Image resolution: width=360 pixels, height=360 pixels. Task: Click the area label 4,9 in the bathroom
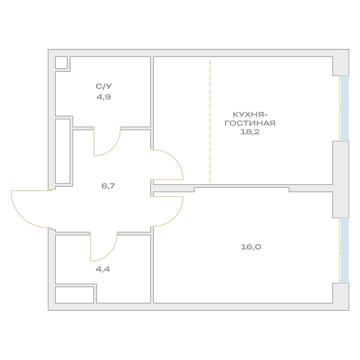(x=104, y=97)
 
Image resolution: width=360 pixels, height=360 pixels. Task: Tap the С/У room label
(x=104, y=86)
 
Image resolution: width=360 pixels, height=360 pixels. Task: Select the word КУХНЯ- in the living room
(x=250, y=114)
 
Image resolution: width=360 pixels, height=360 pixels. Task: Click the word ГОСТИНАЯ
(x=250, y=123)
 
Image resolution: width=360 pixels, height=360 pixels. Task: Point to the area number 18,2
(x=250, y=132)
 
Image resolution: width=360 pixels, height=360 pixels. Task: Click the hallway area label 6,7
(x=108, y=186)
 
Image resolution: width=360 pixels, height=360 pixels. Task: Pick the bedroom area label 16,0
(x=251, y=247)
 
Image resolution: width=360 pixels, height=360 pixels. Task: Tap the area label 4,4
(x=103, y=269)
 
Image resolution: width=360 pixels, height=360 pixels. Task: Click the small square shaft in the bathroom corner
(x=61, y=62)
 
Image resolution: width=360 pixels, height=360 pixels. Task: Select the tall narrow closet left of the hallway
(x=63, y=151)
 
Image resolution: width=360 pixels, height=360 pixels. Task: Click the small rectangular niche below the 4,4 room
(x=75, y=295)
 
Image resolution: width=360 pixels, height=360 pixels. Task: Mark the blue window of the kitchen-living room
(x=345, y=108)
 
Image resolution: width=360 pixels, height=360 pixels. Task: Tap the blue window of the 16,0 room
(x=345, y=251)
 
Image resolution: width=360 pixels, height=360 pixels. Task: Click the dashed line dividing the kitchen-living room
(x=210, y=121)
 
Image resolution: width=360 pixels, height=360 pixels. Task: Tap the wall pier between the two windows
(x=341, y=180)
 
